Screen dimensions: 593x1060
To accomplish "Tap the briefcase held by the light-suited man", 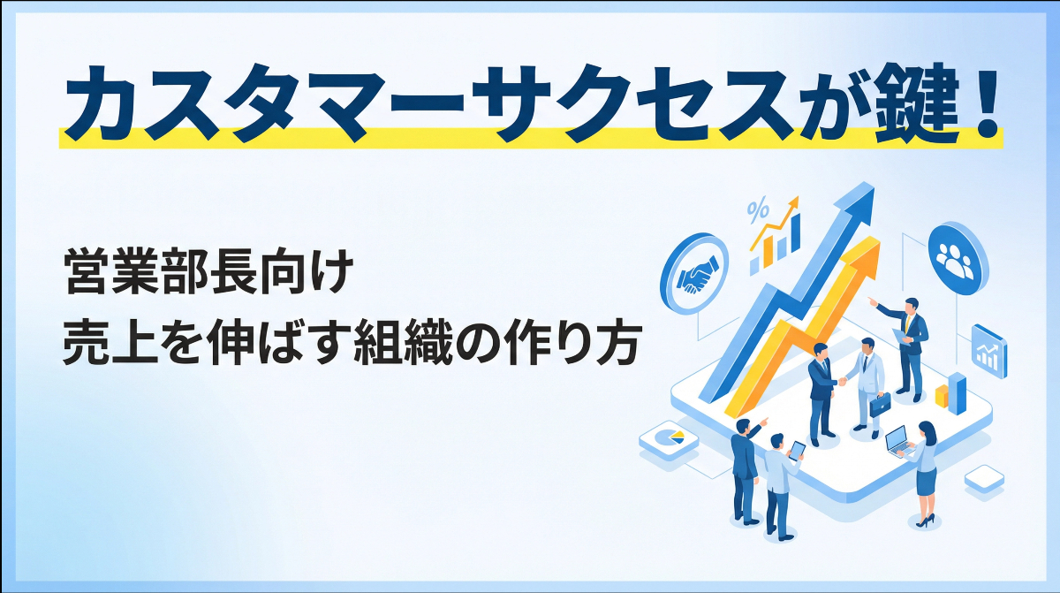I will [880, 404].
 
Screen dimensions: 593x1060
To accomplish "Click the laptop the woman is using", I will [896, 439].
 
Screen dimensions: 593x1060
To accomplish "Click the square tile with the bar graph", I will [987, 349].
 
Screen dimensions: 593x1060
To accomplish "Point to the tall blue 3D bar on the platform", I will [957, 392].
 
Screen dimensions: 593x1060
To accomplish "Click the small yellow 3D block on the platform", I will [943, 399].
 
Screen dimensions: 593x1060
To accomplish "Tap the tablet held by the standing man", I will [797, 451].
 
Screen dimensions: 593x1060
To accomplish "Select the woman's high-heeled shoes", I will [924, 521].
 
